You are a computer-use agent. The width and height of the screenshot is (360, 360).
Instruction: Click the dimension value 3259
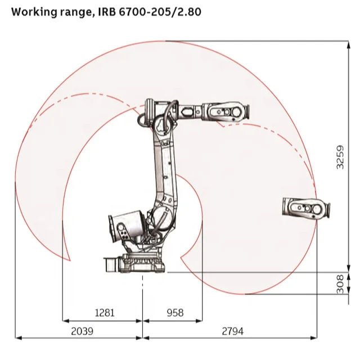tap(340, 157)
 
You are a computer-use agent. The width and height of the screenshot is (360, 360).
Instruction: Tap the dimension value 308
tap(340, 283)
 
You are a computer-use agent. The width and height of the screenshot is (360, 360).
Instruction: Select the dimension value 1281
tap(105, 313)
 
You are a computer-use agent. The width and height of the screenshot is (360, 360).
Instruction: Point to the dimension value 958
tap(175, 313)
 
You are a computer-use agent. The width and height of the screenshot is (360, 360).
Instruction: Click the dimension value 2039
tap(82, 331)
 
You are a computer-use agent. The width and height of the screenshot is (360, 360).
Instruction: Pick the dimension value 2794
tap(232, 331)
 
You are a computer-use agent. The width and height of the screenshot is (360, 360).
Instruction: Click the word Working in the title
tap(34, 12)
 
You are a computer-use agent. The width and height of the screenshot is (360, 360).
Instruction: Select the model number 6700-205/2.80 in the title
tap(160, 12)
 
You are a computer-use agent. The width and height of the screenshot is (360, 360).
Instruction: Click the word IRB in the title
tap(107, 12)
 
